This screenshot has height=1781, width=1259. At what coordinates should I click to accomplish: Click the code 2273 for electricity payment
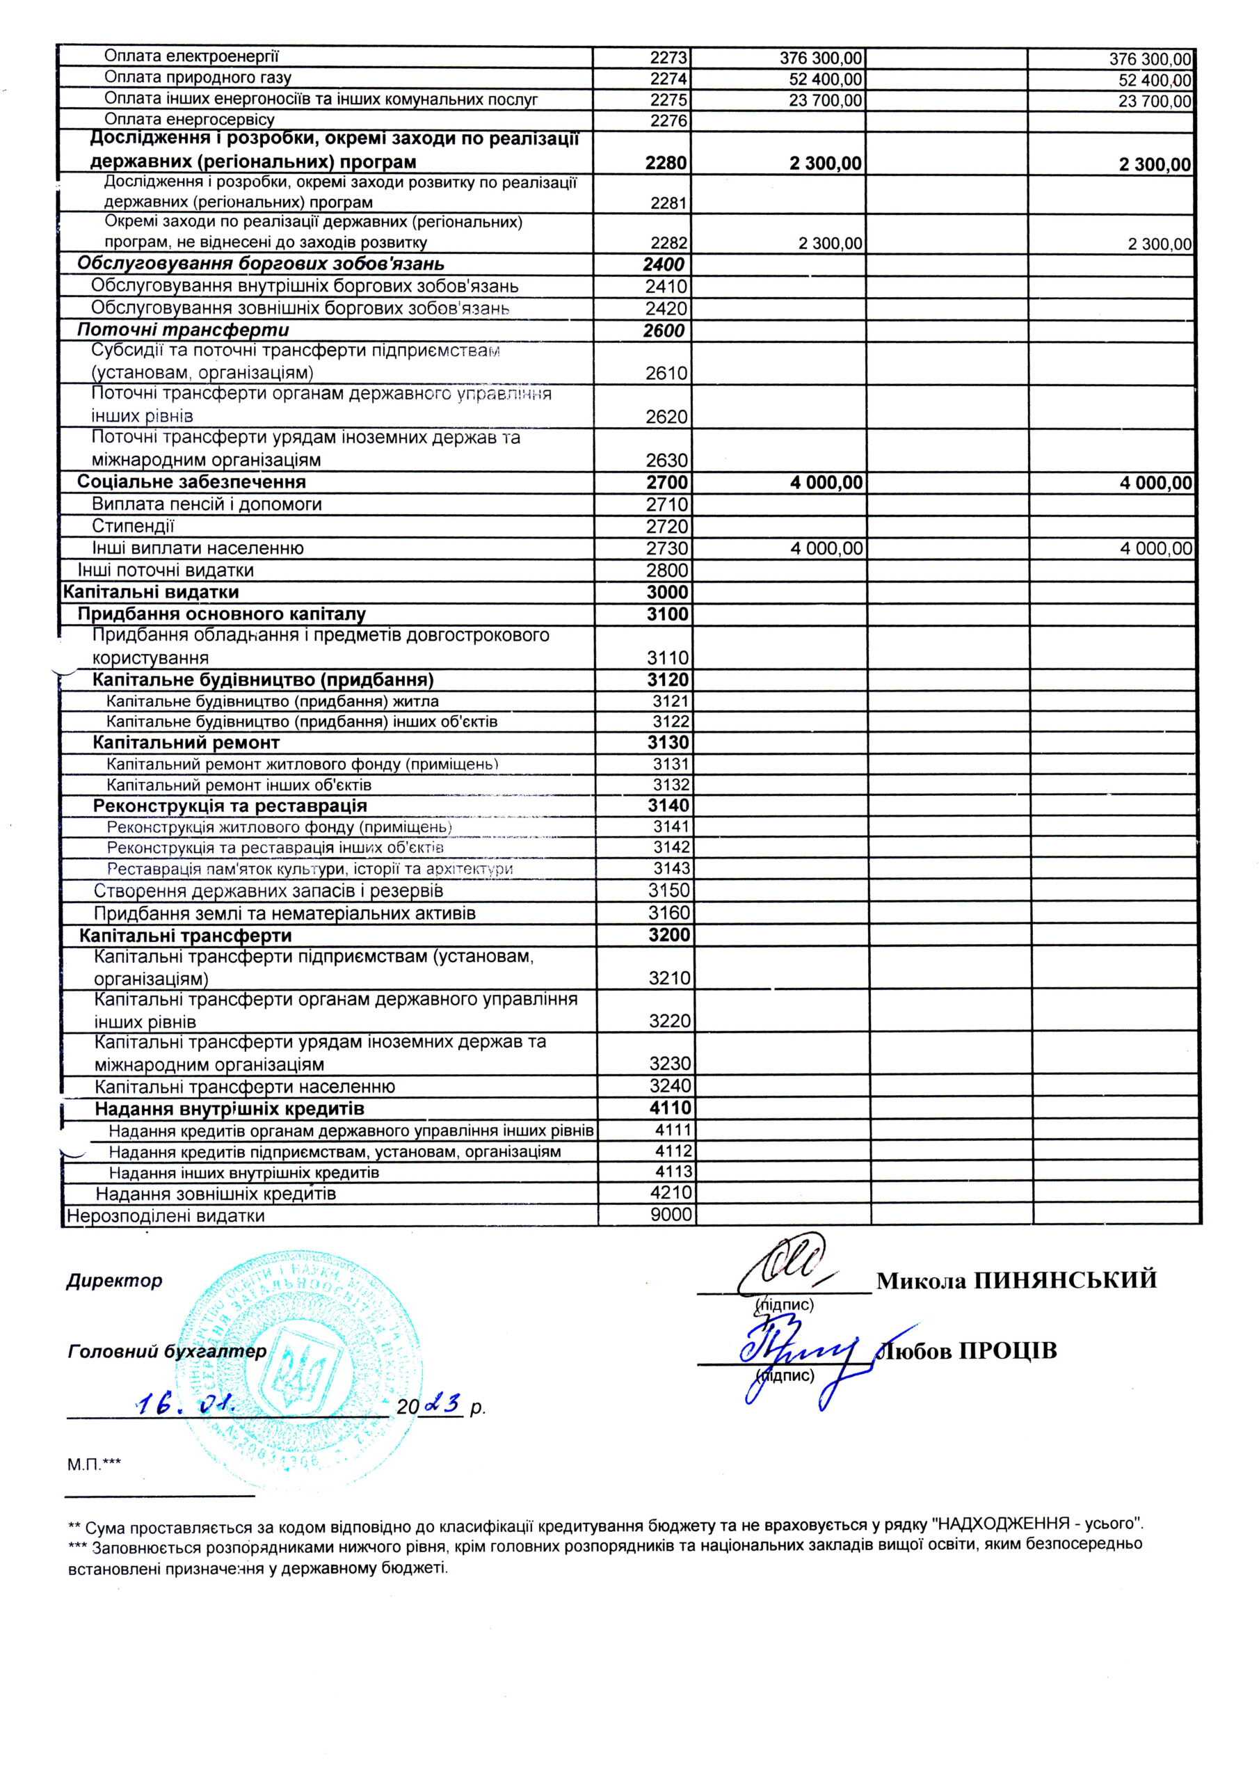[668, 58]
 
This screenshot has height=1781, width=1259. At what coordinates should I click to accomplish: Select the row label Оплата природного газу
[198, 77]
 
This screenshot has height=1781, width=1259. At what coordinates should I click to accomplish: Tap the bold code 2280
[666, 163]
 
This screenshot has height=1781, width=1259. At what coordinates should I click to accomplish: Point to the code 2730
[667, 548]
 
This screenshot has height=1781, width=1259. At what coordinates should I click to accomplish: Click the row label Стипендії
[133, 527]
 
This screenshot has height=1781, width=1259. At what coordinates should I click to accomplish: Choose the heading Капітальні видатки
[150, 593]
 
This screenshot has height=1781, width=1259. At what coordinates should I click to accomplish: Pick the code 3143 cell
[671, 869]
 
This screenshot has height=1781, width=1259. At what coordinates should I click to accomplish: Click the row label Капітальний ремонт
[186, 743]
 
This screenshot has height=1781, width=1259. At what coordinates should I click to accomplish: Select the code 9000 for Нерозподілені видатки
[671, 1215]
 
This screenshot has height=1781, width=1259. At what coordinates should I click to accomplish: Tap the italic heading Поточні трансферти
[183, 330]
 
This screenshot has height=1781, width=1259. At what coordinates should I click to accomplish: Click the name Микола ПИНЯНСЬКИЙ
[1016, 1281]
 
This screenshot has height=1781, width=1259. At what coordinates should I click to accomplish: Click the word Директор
[115, 1281]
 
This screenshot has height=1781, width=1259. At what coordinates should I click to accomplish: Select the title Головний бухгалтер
[167, 1351]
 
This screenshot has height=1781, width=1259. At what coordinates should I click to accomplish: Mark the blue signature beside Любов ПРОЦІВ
[799, 1354]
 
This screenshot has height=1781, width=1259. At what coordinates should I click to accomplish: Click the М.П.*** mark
[94, 1464]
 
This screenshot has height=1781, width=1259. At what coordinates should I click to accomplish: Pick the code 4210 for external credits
[671, 1193]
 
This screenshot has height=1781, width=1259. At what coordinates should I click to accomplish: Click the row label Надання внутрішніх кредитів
[230, 1109]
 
